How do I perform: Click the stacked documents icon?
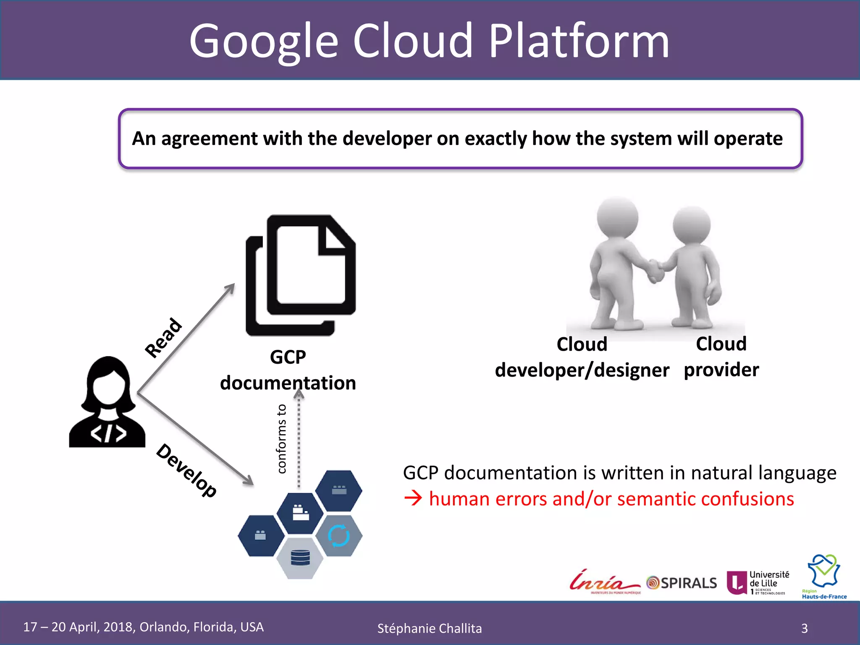[x=301, y=275]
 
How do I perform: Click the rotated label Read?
[x=163, y=338]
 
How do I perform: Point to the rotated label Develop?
[x=186, y=470]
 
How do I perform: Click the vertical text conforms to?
[x=282, y=439]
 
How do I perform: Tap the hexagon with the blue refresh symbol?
[x=339, y=536]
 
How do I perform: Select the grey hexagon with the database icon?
[x=300, y=558]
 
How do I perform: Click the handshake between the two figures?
[x=655, y=271]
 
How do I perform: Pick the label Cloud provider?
[x=721, y=357]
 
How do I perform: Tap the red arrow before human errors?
[x=413, y=499]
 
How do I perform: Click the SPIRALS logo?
[x=682, y=583]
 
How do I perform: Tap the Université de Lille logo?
[x=758, y=582]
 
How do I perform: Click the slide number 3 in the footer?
[x=804, y=628]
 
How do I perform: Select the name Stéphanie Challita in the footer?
[x=429, y=629]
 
